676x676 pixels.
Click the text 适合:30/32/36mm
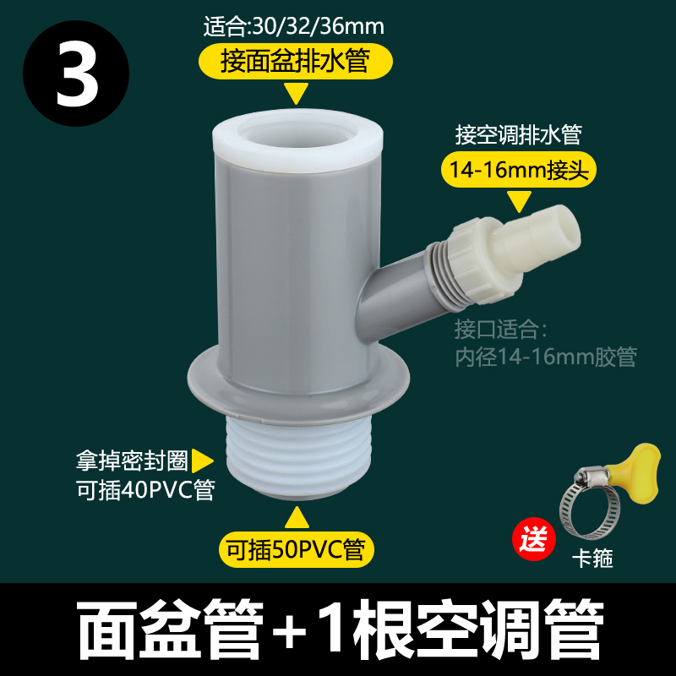(x=294, y=26)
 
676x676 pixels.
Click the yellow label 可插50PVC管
(x=296, y=550)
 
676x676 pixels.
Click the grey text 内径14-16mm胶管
(x=545, y=357)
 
